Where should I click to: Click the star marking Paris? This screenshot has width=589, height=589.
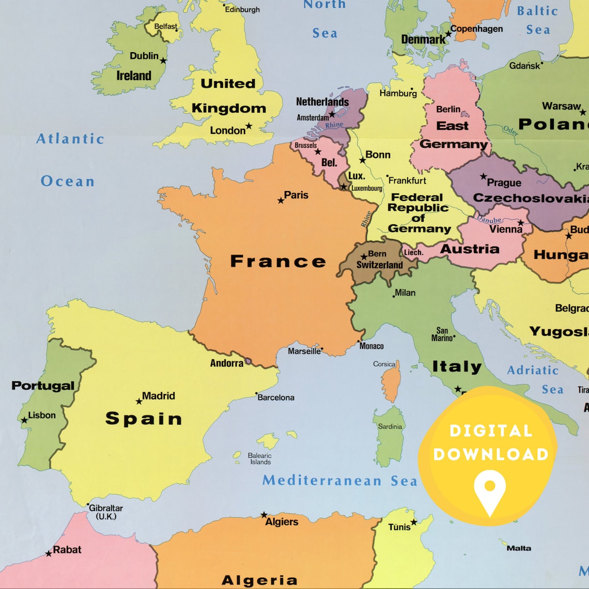click(281, 200)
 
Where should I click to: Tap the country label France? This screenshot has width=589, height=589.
click(278, 261)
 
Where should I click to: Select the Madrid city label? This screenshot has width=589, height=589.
click(159, 396)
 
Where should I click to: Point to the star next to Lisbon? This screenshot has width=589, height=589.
click(24, 420)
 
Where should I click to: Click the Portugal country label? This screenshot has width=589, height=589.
click(43, 385)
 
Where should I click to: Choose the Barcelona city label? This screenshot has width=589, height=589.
click(276, 397)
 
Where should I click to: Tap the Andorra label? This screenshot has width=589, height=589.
click(226, 363)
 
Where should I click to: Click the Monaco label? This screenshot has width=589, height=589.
click(371, 346)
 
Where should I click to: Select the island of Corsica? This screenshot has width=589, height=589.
click(391, 382)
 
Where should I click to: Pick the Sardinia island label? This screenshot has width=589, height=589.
click(390, 426)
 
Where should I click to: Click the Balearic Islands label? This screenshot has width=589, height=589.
click(260, 459)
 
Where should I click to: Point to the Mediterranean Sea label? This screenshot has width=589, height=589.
click(339, 481)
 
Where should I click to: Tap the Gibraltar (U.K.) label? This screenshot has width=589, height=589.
click(105, 512)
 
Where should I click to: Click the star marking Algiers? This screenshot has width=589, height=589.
click(264, 515)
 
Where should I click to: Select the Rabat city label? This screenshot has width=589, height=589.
click(67, 550)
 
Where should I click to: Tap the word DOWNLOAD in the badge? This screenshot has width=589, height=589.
click(490, 455)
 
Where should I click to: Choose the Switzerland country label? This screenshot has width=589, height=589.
click(379, 265)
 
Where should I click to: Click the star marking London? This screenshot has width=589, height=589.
click(249, 126)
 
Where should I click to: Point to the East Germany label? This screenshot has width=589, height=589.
click(453, 135)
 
